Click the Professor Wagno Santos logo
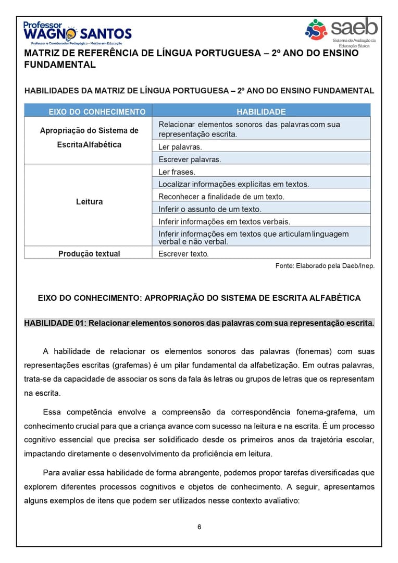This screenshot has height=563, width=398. pos(77,33)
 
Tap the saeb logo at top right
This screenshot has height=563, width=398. pos(341,31)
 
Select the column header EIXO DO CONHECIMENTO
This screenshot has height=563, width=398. pos(97,112)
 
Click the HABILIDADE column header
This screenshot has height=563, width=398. pos(261,112)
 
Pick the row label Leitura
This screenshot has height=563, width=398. pos(89,202)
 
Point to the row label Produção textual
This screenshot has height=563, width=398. pos(89,254)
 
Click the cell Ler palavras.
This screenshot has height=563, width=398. pos(180,147)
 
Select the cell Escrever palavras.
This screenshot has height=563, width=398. pos(190,160)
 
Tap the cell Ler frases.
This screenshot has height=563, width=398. pos(177,172)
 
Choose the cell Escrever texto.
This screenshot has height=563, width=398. pos(183,254)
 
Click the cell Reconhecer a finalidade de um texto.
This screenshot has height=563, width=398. pos(221,197)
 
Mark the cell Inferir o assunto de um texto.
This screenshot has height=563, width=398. pos(210,209)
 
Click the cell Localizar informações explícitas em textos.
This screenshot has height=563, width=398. pos(234,184)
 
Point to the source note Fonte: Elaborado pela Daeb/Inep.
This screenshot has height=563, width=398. pos(325,266)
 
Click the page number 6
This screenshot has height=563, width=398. pos(199,527)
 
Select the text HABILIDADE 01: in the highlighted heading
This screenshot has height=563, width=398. pos(55,323)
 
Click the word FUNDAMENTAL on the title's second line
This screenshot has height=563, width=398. pos(60,65)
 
